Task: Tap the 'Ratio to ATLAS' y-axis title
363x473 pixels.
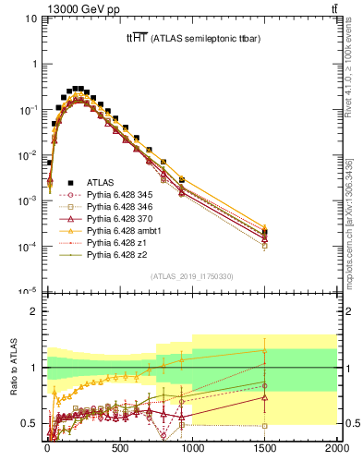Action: coord(14,368)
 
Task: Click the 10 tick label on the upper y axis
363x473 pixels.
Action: coord(30,19)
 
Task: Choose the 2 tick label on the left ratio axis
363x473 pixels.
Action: coord(33,312)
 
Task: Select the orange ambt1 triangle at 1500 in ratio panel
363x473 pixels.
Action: coord(264,351)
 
